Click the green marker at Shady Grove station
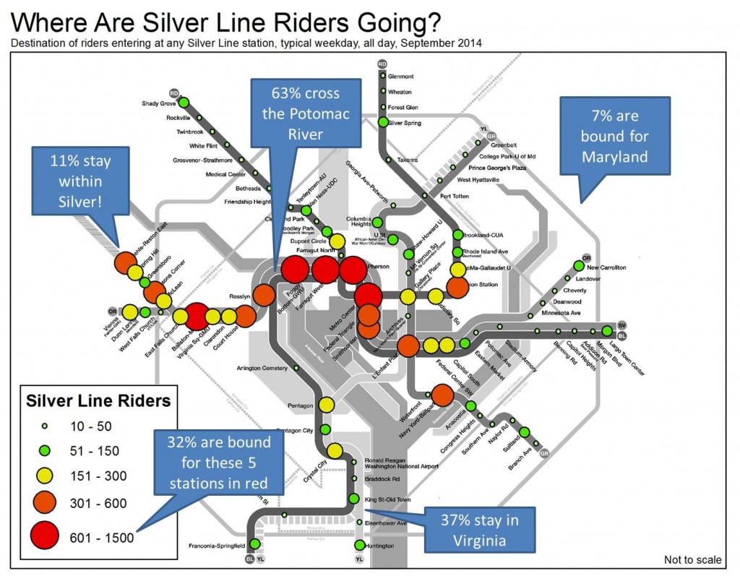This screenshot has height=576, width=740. point(184,103)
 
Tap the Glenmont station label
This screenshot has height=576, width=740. point(400,76)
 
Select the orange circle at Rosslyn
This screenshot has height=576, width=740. point(263,295)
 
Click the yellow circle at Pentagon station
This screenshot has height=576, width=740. point(326,405)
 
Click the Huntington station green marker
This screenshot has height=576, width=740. point(359,545)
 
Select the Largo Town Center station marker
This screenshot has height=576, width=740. point(608,331)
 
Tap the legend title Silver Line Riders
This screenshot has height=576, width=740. point(98,400)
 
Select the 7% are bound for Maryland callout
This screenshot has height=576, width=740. point(608,136)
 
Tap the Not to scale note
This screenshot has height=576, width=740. point(692,559)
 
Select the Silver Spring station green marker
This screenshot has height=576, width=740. point(383,122)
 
